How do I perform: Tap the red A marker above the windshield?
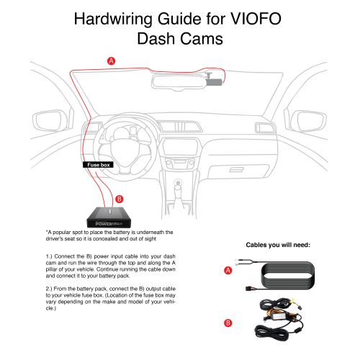(x=110, y=61)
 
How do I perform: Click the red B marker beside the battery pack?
(x=120, y=199)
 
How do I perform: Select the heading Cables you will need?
(x=278, y=245)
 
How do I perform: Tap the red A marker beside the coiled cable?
(x=228, y=270)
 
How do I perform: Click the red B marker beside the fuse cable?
(x=228, y=324)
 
